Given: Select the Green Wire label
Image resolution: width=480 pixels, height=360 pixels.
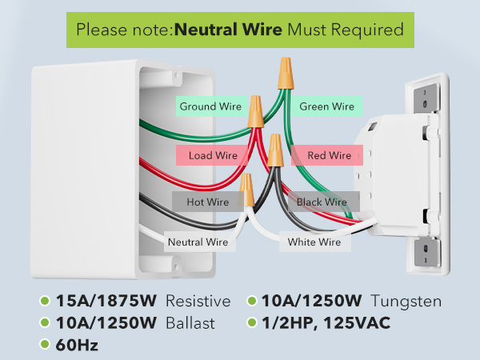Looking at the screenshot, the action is click(x=327, y=106).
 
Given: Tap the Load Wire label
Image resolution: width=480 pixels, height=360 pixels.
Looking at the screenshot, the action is click(x=212, y=155).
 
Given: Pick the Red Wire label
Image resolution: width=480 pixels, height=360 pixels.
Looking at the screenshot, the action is click(x=327, y=155).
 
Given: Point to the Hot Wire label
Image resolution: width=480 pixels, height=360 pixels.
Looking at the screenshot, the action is click(x=208, y=202).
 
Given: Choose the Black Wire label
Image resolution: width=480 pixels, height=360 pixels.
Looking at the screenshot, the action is click(x=323, y=202).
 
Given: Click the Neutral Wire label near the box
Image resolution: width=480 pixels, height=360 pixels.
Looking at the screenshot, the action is click(x=199, y=242).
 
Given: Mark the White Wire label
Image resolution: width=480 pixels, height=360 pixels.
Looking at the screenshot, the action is click(x=315, y=242).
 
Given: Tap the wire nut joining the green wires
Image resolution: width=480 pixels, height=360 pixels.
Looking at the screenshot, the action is click(x=286, y=74).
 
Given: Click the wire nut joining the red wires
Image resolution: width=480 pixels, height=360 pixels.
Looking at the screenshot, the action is click(x=256, y=111).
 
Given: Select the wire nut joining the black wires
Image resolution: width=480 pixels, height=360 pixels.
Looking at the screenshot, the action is click(x=275, y=150).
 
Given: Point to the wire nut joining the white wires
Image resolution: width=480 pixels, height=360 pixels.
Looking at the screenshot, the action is click(x=246, y=190).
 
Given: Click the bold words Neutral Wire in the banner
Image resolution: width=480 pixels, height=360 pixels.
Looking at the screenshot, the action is click(x=228, y=30).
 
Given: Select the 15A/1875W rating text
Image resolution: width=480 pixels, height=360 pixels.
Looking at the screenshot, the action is click(x=106, y=301).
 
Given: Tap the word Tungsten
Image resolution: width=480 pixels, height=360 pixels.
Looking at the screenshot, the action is click(x=406, y=302).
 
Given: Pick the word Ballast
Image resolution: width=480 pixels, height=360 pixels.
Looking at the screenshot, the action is click(x=190, y=323).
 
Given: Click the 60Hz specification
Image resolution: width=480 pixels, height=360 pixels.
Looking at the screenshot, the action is click(x=77, y=345).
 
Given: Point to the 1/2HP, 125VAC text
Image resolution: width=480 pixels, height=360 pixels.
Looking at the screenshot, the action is click(x=326, y=323).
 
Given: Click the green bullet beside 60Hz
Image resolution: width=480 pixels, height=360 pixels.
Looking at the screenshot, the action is click(x=45, y=344).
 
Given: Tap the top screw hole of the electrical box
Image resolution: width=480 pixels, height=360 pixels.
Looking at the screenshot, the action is click(x=177, y=75).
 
